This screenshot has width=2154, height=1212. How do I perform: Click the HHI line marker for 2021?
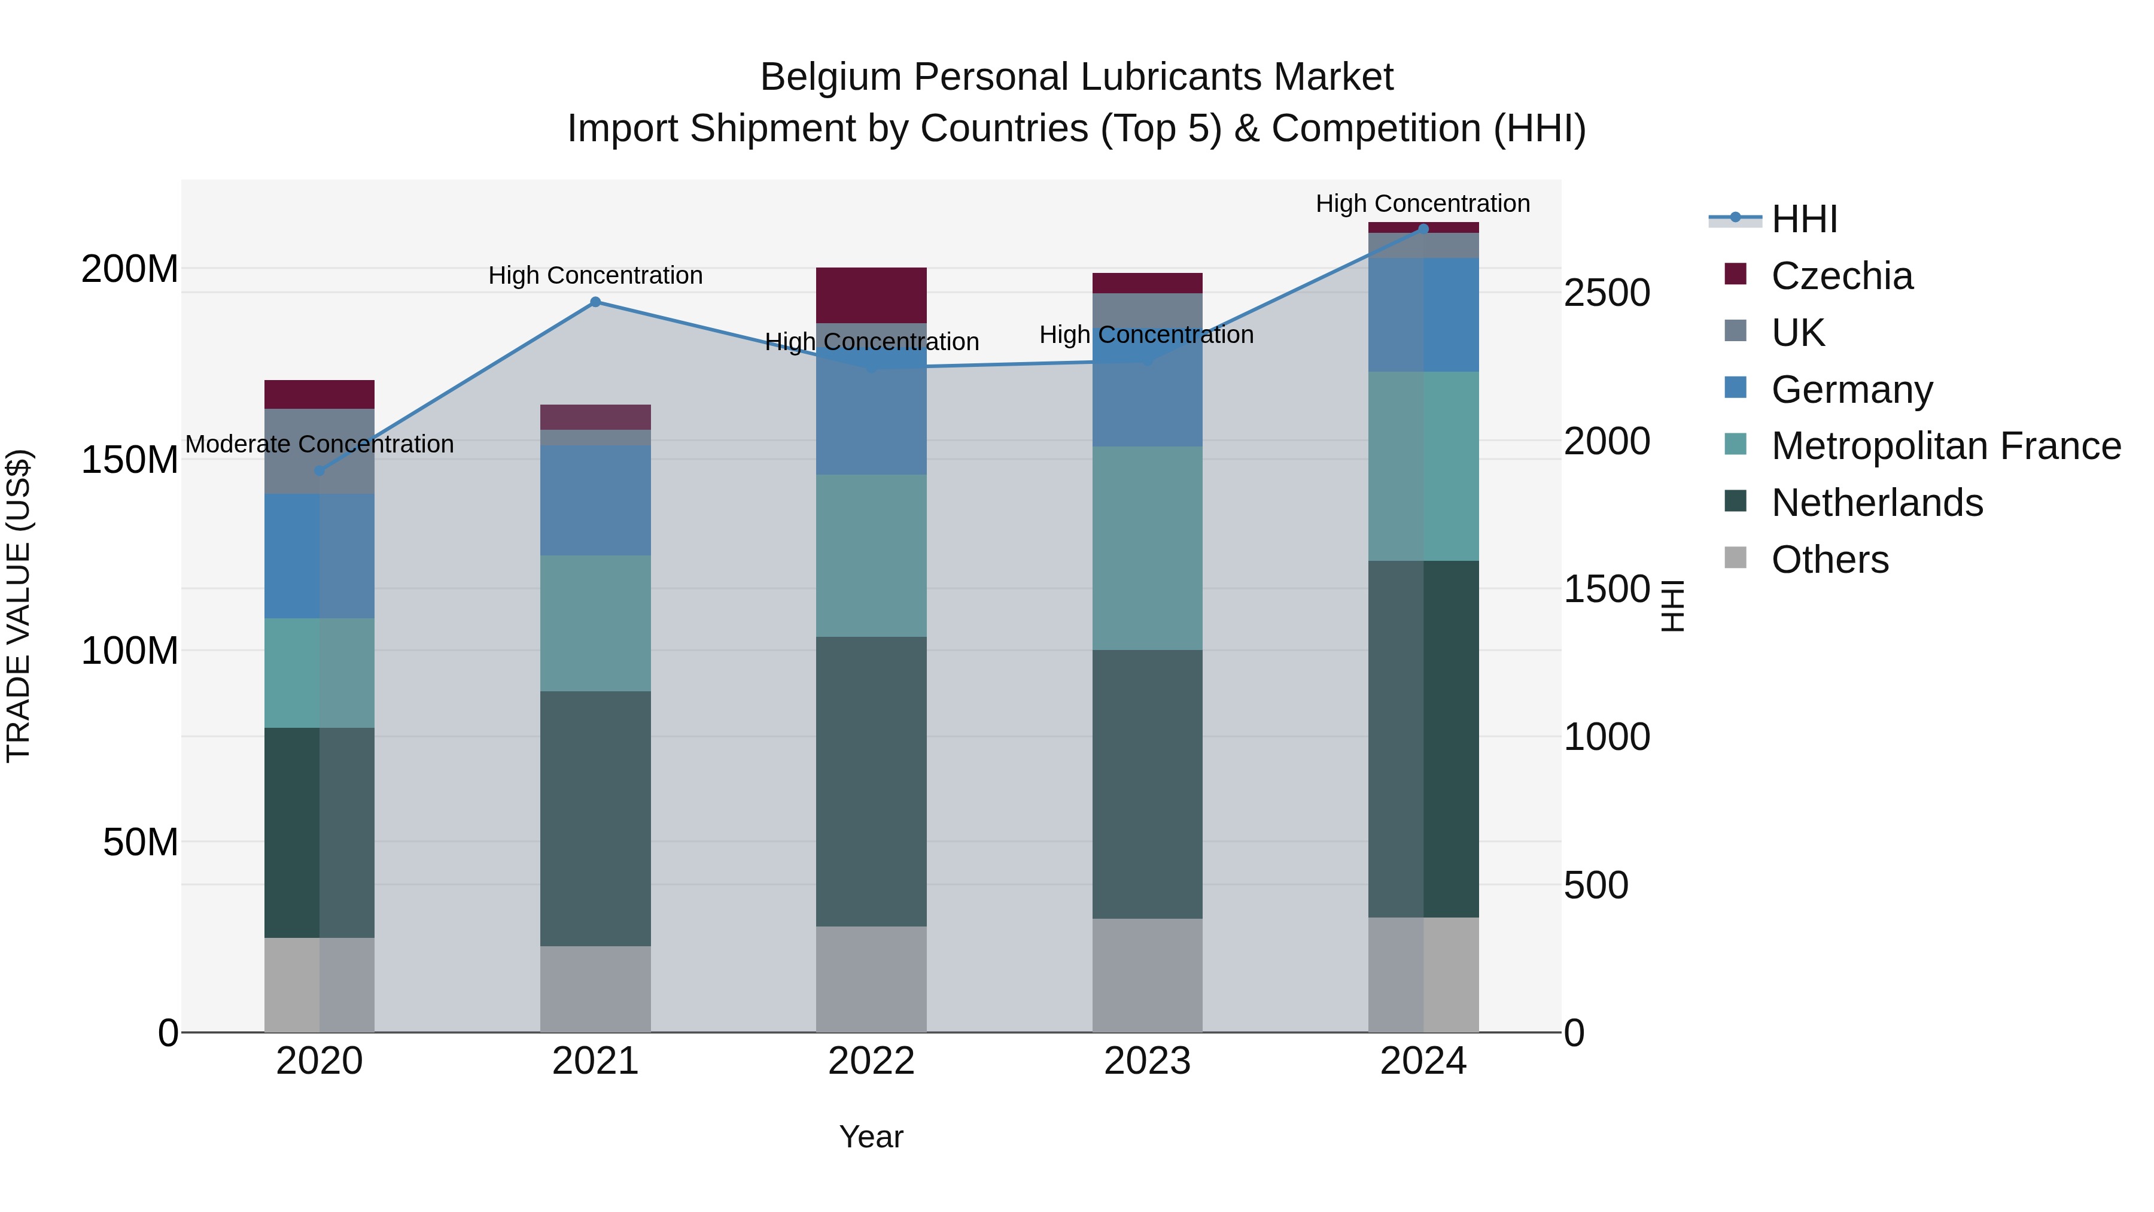pyautogui.click(x=595, y=302)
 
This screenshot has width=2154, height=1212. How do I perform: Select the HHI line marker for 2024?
pyautogui.click(x=1423, y=229)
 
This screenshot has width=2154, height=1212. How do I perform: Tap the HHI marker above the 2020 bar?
pyautogui.click(x=320, y=471)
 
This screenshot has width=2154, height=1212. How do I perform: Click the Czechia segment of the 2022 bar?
pyautogui.click(x=871, y=295)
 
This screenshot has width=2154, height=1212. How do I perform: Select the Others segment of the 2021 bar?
pyautogui.click(x=595, y=989)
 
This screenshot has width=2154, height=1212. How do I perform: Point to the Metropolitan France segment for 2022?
pyautogui.click(x=871, y=555)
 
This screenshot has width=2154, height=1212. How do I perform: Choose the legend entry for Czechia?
pyautogui.click(x=1840, y=276)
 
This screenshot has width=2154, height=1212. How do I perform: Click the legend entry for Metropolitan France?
pyautogui.click(x=1945, y=446)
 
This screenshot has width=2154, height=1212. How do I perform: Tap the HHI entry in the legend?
pyautogui.click(x=1803, y=219)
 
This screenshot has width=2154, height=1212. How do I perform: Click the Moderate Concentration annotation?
pyautogui.click(x=320, y=444)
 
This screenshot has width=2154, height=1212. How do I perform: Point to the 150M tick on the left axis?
pyautogui.click(x=130, y=460)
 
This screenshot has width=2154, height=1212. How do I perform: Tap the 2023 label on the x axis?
pyautogui.click(x=1147, y=1061)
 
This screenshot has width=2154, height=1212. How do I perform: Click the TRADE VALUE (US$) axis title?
pyautogui.click(x=19, y=606)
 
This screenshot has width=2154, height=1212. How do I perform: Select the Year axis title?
pyautogui.click(x=871, y=1137)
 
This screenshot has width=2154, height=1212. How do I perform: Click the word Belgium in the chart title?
pyautogui.click(x=830, y=77)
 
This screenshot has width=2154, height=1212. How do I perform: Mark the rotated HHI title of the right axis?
pyautogui.click(x=1672, y=606)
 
